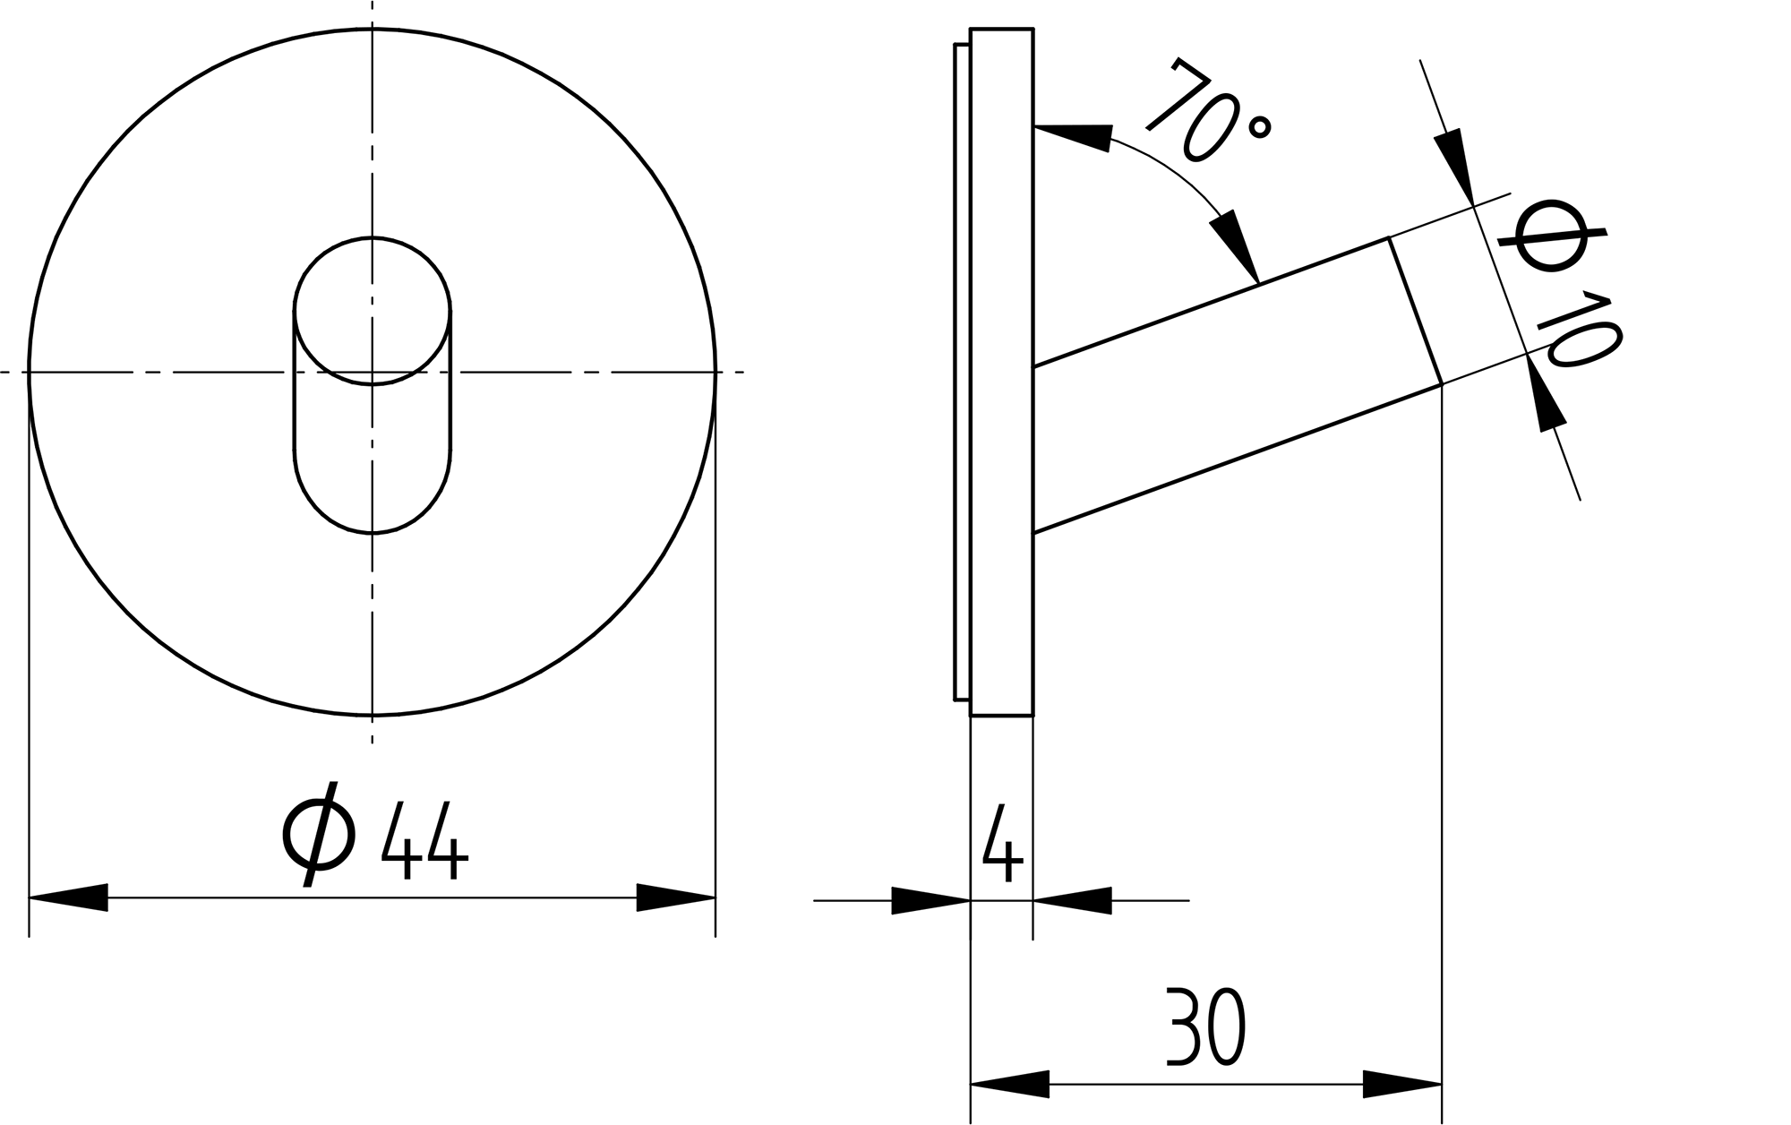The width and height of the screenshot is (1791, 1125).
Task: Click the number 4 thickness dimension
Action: click(1003, 843)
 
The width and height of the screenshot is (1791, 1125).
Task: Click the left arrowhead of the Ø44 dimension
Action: click(68, 897)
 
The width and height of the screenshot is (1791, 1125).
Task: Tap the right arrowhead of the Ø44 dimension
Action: click(676, 897)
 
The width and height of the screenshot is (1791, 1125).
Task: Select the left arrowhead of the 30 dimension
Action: click(1010, 1085)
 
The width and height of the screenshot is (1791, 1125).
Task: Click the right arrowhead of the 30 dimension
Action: click(1402, 1085)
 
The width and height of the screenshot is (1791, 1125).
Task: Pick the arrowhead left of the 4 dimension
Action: click(931, 901)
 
